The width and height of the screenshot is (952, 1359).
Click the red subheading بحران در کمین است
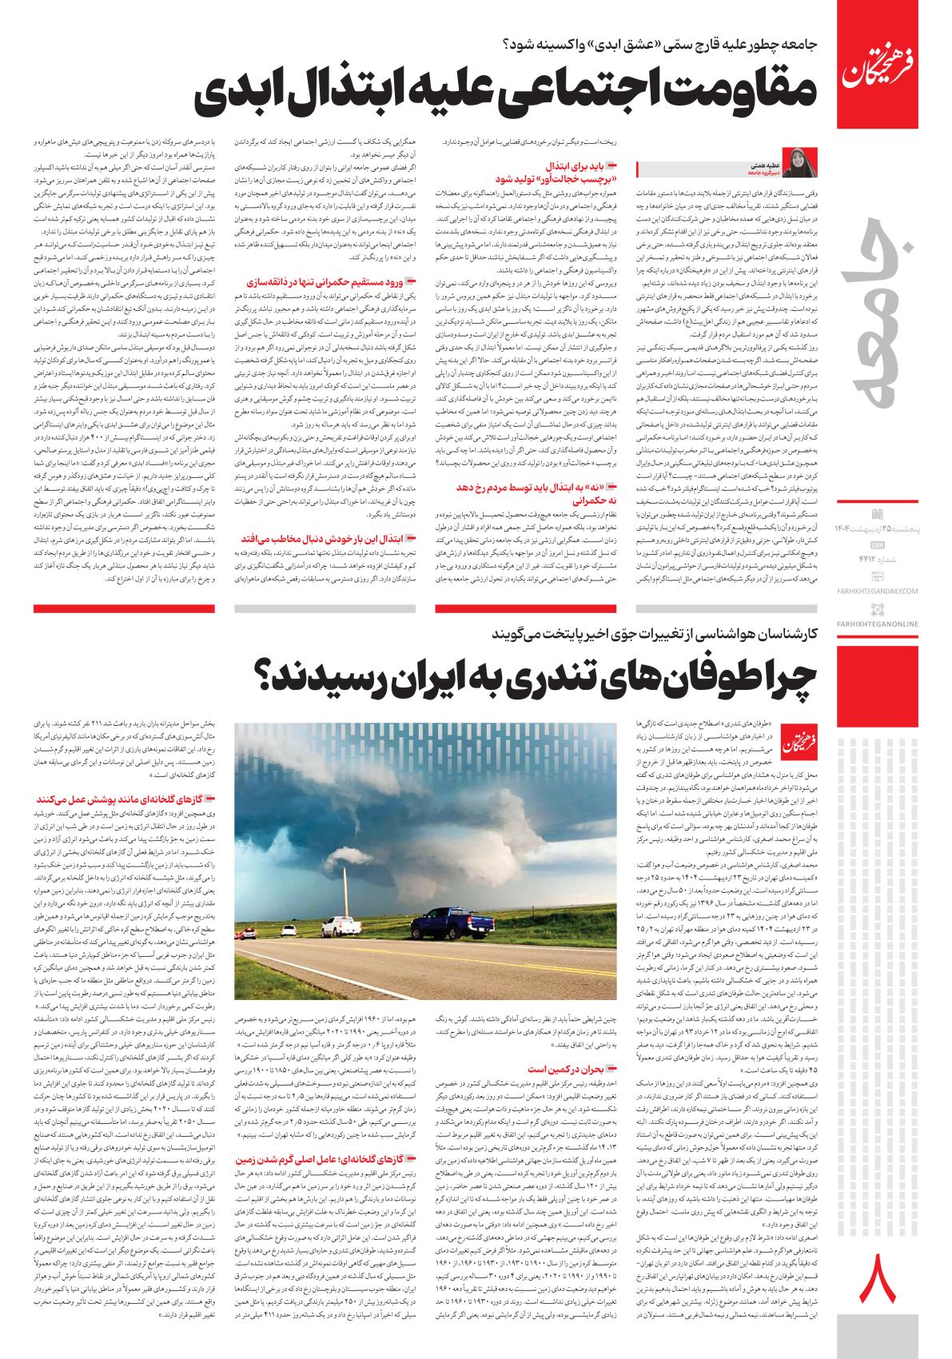coord(560,1068)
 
